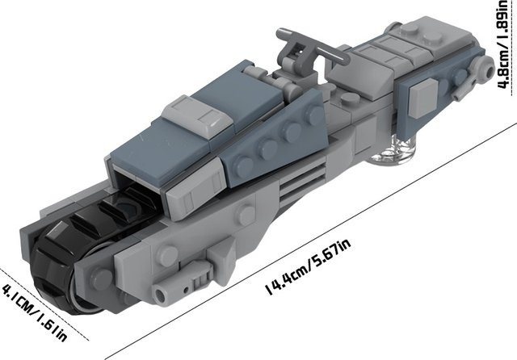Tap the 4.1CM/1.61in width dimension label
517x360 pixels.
tap(36, 312)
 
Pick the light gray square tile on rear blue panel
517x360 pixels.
tap(423, 98)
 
